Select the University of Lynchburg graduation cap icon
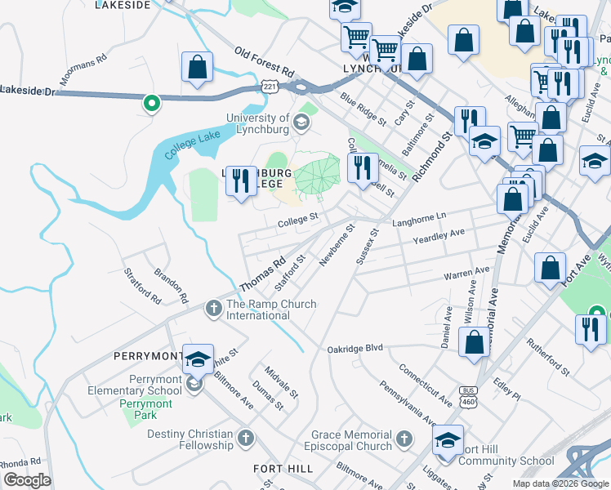301,123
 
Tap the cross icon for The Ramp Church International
213,309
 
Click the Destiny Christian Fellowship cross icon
244,440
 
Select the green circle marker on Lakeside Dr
150,103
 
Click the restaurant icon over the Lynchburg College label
239,180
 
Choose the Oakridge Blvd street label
355,348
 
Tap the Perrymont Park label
146,403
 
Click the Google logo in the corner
27,480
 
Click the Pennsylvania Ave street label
405,401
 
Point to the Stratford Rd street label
142,283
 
